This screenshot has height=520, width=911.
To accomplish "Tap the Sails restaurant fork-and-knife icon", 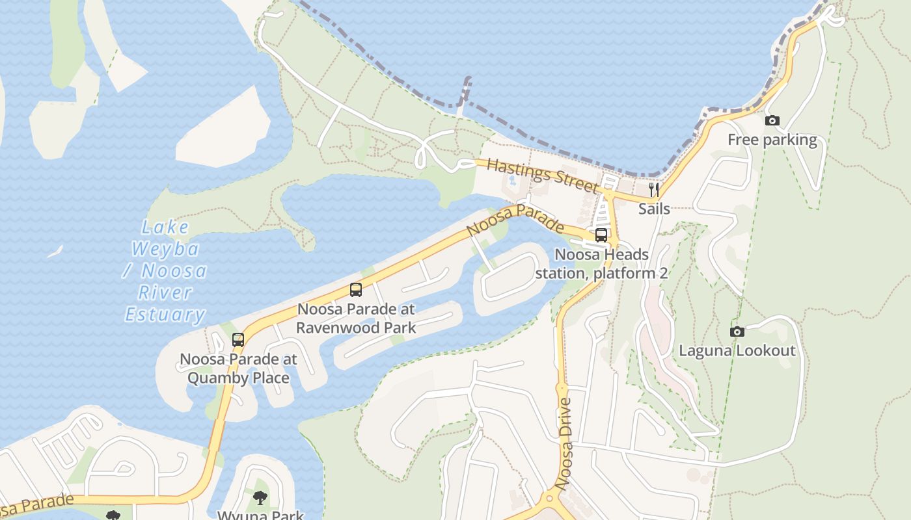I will pos(654,190).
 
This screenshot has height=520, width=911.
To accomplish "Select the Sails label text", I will pos(654,209).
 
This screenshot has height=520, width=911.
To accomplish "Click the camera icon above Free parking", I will pos(772,120).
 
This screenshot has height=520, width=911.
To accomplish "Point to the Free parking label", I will pos(772,140).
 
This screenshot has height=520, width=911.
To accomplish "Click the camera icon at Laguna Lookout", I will pos(737,331).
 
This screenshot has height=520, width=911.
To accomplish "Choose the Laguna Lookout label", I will pos(737,351).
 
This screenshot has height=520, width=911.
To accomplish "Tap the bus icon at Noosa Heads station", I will pos(601,235).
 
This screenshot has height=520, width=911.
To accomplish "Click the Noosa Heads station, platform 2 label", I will pos(601,263).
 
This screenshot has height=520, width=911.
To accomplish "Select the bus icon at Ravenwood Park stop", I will pos(356,290).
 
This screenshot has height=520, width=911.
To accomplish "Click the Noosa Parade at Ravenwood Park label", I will pos(356,317).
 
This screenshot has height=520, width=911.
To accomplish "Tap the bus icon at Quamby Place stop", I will pos(238,339).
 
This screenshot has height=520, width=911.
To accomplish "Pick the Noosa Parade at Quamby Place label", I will pos(238,368).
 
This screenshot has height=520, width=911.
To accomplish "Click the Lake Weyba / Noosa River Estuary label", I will pos(165,271).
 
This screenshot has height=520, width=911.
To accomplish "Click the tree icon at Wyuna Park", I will pos(260,498).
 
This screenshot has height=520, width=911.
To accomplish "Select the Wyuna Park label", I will pos(260,515).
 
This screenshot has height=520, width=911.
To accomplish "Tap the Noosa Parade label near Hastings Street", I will pos(515,222).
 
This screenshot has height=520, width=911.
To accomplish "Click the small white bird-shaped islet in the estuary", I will pos(55,252).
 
